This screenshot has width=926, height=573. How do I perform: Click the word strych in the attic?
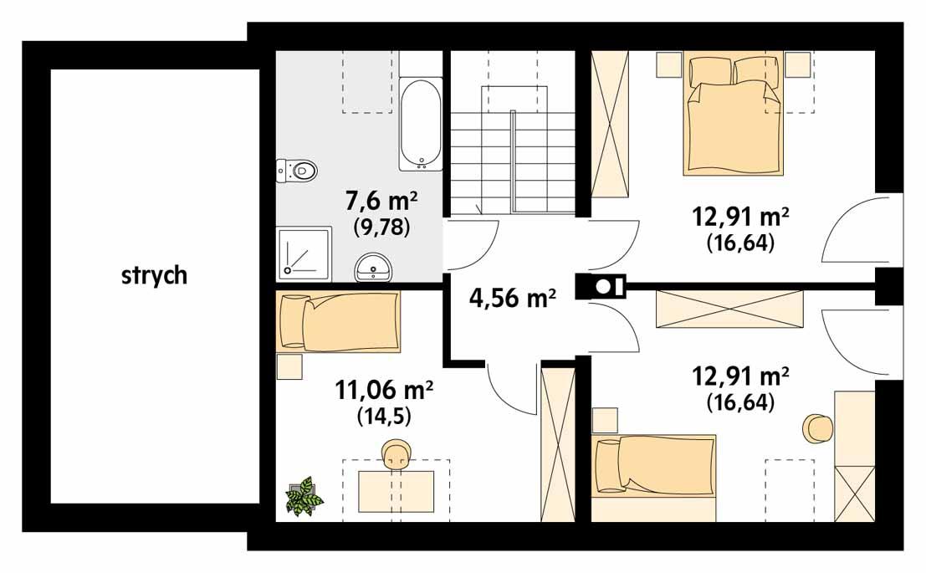point(154,276)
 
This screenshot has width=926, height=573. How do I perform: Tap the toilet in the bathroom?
point(299,171)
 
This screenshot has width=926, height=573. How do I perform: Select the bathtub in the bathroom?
point(420,125)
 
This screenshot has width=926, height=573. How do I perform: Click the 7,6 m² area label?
point(381,202)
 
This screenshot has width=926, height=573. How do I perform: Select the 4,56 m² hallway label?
point(513,299)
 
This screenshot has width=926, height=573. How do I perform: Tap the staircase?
point(512,151)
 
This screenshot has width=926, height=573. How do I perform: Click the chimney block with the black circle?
point(601,286)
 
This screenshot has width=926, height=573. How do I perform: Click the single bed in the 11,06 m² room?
point(338,321)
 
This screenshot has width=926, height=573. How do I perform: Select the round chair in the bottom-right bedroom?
point(817,428)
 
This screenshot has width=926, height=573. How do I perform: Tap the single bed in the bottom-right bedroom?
point(653,464)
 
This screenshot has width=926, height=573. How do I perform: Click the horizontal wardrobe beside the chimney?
point(729,310)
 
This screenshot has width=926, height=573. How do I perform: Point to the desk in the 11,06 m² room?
point(396,490)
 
